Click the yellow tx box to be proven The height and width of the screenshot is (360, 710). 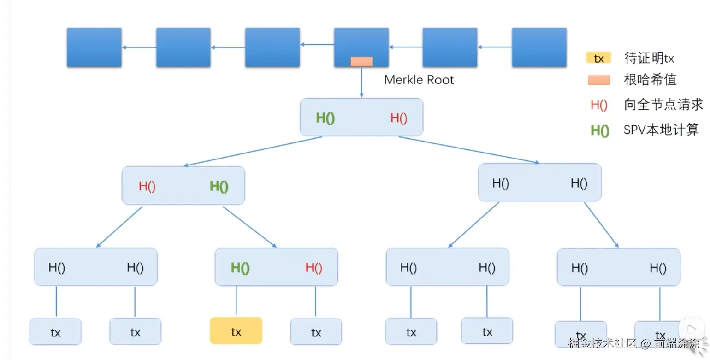(236, 331)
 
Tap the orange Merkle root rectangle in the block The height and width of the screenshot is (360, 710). (361, 62)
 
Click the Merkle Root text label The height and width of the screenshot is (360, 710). (419, 80)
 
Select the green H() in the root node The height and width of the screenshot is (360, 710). (325, 118)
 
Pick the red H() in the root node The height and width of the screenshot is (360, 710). (399, 118)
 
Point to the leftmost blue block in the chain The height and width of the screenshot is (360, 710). (94, 47)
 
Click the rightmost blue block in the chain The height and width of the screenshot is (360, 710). (539, 47)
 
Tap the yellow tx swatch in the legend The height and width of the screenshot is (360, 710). (599, 59)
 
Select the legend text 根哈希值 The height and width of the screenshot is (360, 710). (650, 80)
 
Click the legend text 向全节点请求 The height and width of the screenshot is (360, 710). (663, 105)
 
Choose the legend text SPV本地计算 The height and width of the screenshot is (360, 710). (661, 130)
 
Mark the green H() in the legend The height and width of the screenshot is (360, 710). (599, 130)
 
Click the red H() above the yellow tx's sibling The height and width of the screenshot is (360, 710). (314, 268)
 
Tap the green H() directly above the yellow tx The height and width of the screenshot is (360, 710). (240, 268)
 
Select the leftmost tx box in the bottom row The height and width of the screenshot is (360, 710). (55, 332)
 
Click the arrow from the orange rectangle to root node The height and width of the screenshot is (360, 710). (361, 82)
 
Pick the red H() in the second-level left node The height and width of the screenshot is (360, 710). (147, 187)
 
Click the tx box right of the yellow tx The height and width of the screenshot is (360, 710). (316, 332)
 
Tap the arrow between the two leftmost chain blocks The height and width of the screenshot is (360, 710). (139, 47)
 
